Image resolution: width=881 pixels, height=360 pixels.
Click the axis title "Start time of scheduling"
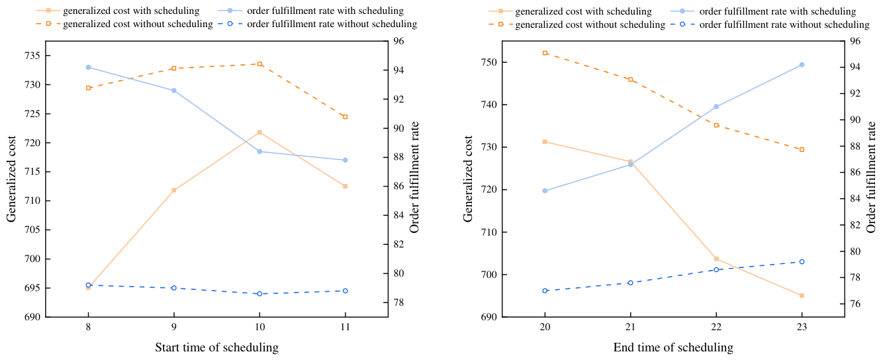tap(216, 347)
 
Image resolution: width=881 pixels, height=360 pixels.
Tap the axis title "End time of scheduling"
tap(673, 347)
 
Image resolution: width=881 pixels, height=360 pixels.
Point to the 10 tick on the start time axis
tap(259, 327)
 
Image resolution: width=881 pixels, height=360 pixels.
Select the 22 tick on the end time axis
tap(716, 327)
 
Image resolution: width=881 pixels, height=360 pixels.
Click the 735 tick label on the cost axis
tap(32, 56)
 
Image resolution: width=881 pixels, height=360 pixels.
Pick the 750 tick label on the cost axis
tap(489, 62)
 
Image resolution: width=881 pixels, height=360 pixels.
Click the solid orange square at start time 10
tap(259, 132)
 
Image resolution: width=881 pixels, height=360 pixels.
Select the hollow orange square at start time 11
tap(346, 116)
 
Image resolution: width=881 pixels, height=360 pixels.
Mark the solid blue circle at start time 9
tap(174, 91)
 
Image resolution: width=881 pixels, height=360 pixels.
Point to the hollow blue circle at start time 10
tap(259, 294)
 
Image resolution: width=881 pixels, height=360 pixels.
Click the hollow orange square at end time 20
tap(545, 53)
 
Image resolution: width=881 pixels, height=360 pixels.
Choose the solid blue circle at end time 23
tap(802, 65)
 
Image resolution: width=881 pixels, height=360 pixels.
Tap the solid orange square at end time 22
tap(716, 259)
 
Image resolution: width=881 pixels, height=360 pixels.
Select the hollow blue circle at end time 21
tap(630, 283)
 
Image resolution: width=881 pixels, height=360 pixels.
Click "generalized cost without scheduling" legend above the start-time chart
tap(138, 24)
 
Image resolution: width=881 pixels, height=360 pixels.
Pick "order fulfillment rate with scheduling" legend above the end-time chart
tap(778, 11)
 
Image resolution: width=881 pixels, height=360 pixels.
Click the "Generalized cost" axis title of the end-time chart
tap(467, 179)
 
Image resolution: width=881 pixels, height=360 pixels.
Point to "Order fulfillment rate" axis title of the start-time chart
tap(414, 177)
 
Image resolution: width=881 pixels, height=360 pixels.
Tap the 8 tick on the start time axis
tap(88, 327)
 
